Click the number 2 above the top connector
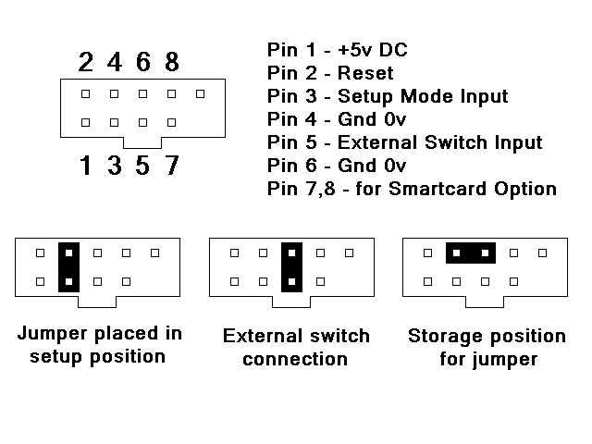coord(86,62)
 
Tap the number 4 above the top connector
coord(115,62)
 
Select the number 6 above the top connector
coord(143,62)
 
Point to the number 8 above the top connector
coord(172,62)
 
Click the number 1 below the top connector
coord(86,166)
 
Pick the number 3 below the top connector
coord(115,166)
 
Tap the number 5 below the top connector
coord(143,166)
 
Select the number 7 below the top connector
coord(172,166)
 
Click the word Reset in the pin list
coord(365,73)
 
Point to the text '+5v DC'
coord(374,50)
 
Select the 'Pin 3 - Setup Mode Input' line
coord(388,96)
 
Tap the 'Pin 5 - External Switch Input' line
coord(404,142)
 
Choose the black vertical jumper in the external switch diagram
coord(291,266)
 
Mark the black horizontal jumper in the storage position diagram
coord(471,253)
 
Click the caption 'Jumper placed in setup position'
coord(98,344)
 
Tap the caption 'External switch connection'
coord(296,346)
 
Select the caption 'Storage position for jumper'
coord(487,346)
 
